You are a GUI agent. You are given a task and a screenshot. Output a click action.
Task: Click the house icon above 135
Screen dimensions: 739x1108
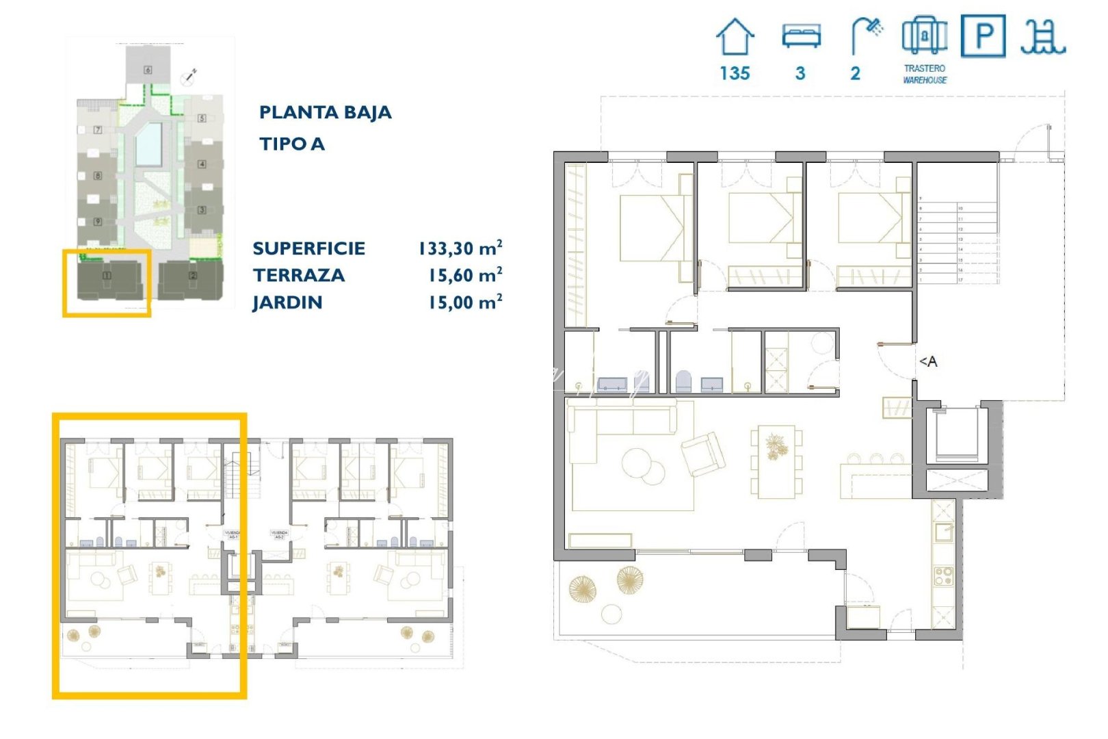click(735, 38)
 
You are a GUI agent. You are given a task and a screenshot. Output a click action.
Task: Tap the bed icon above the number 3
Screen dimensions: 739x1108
click(801, 36)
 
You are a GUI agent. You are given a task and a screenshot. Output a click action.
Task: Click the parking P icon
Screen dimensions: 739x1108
click(983, 36)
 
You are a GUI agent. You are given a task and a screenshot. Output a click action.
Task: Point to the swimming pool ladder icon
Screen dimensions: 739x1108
click(1042, 37)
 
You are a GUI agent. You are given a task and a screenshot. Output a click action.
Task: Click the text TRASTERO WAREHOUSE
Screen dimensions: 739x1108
click(925, 74)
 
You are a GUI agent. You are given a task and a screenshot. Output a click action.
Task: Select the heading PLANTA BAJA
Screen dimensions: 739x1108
click(325, 112)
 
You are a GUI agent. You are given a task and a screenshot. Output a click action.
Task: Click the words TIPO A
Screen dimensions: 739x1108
click(291, 144)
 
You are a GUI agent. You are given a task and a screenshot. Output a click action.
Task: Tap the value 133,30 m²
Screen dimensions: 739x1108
click(460, 248)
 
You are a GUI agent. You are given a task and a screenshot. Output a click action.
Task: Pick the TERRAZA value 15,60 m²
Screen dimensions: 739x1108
click(465, 275)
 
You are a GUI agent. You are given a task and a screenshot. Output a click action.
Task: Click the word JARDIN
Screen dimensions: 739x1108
click(287, 302)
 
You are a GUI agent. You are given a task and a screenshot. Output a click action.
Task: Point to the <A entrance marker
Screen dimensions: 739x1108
click(928, 361)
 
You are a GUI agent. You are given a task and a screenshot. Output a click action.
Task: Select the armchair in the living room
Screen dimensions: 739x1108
click(703, 453)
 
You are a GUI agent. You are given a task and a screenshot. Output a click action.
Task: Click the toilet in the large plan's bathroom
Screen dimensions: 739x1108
click(683, 382)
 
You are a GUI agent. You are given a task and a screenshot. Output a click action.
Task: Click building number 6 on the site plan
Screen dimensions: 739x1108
click(147, 70)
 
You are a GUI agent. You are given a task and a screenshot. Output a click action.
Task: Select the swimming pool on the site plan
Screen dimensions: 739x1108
click(148, 144)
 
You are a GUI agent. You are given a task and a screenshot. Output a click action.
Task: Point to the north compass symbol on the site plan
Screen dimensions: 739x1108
click(189, 77)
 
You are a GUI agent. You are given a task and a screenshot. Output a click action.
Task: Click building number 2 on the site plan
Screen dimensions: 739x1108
click(192, 276)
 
